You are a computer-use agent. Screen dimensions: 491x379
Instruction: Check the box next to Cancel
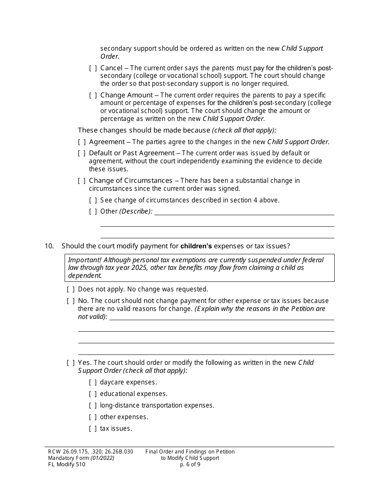[93, 68]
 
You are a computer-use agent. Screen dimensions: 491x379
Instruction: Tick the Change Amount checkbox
[93, 95]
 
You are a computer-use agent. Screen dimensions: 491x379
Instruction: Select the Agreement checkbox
[82, 142]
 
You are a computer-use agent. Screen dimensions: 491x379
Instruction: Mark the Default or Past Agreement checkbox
[82, 153]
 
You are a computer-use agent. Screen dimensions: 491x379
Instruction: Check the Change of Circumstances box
[82, 181]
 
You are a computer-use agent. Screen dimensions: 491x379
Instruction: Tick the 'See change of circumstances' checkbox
[93, 200]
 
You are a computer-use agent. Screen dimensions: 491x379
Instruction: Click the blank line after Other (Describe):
[244, 212]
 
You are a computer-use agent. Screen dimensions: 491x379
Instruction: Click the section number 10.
[49, 246]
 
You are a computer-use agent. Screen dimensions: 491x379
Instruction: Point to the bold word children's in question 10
[196, 246]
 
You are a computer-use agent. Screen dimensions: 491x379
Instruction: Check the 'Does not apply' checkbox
[71, 289]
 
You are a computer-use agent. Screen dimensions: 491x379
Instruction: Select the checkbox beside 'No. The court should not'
[71, 301]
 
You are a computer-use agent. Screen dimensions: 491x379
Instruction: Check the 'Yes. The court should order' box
[71, 363]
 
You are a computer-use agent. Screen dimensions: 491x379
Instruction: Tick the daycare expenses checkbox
[93, 382]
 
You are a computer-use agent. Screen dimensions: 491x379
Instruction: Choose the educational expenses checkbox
[93, 394]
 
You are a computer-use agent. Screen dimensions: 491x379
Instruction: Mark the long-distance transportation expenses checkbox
[93, 406]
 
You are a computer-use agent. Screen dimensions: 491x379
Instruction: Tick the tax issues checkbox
[93, 429]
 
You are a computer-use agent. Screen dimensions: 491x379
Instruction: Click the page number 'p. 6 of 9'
[190, 464]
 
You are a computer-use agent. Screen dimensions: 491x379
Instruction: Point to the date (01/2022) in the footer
[102, 458]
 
